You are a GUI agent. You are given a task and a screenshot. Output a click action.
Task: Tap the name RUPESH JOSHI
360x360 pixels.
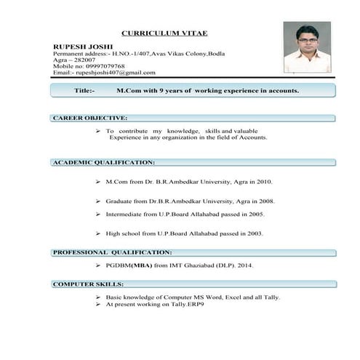click(x=78, y=45)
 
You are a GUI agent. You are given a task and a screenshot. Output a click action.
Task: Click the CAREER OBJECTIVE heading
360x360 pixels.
click(x=90, y=117)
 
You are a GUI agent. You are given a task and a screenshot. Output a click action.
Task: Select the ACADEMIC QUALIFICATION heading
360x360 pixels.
click(x=103, y=162)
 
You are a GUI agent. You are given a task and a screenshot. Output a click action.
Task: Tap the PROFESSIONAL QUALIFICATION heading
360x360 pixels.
click(x=112, y=252)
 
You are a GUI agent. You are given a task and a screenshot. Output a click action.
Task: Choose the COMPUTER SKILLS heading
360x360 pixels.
click(x=88, y=284)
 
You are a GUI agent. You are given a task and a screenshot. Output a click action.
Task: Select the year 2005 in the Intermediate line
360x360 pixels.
click(x=256, y=215)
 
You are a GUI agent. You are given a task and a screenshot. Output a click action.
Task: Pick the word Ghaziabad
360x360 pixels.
click(x=201, y=266)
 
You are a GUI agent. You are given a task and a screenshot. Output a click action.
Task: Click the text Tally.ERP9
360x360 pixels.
click(x=187, y=304)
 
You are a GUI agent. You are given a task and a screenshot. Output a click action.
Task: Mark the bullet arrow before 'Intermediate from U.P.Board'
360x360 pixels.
click(x=97, y=215)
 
